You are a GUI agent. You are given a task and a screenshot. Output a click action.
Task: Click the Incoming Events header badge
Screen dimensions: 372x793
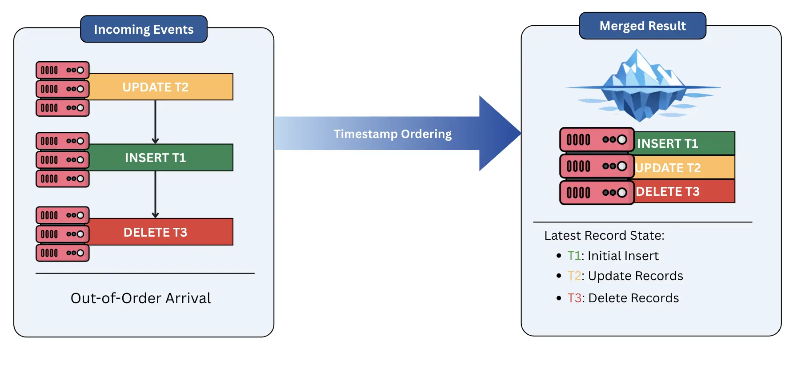point(144,29)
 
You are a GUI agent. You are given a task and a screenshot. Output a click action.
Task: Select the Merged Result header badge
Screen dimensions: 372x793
point(642,26)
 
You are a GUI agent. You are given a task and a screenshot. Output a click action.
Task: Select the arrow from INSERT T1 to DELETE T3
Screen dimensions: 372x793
point(155,194)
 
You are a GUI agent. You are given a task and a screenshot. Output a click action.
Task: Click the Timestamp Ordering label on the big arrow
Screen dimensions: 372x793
point(392,134)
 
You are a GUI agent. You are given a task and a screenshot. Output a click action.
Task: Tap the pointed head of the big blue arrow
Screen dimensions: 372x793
point(500,133)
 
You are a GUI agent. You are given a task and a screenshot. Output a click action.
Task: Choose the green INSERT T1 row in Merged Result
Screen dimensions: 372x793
point(684,143)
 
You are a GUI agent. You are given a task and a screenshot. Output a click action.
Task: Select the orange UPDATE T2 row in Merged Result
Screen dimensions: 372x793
point(684,168)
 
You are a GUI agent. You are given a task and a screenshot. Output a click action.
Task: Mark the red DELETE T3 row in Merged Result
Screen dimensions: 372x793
point(684,192)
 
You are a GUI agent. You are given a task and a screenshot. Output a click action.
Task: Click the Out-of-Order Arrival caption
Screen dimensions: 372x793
point(140,298)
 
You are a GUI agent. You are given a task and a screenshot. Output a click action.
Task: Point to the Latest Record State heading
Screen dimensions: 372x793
point(604,236)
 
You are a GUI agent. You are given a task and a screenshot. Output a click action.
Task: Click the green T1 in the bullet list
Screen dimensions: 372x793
point(574,256)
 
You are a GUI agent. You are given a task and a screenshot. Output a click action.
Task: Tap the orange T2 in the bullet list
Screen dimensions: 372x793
point(574,276)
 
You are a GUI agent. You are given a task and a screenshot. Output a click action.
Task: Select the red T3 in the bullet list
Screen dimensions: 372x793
point(574,298)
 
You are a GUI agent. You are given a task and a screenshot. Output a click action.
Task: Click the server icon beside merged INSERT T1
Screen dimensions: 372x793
point(597,140)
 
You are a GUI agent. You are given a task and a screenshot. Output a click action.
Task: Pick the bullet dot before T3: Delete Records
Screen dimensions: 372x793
point(559,298)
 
